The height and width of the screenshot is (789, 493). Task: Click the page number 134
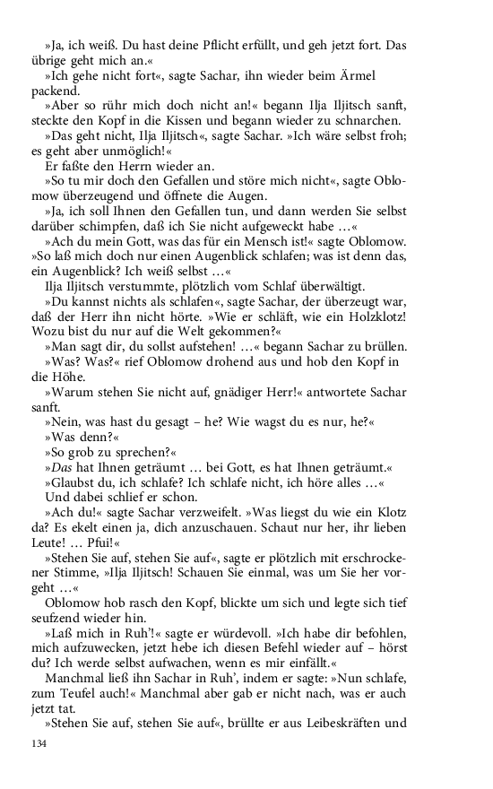click(x=38, y=743)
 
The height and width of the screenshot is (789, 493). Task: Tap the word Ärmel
click(x=388, y=78)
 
